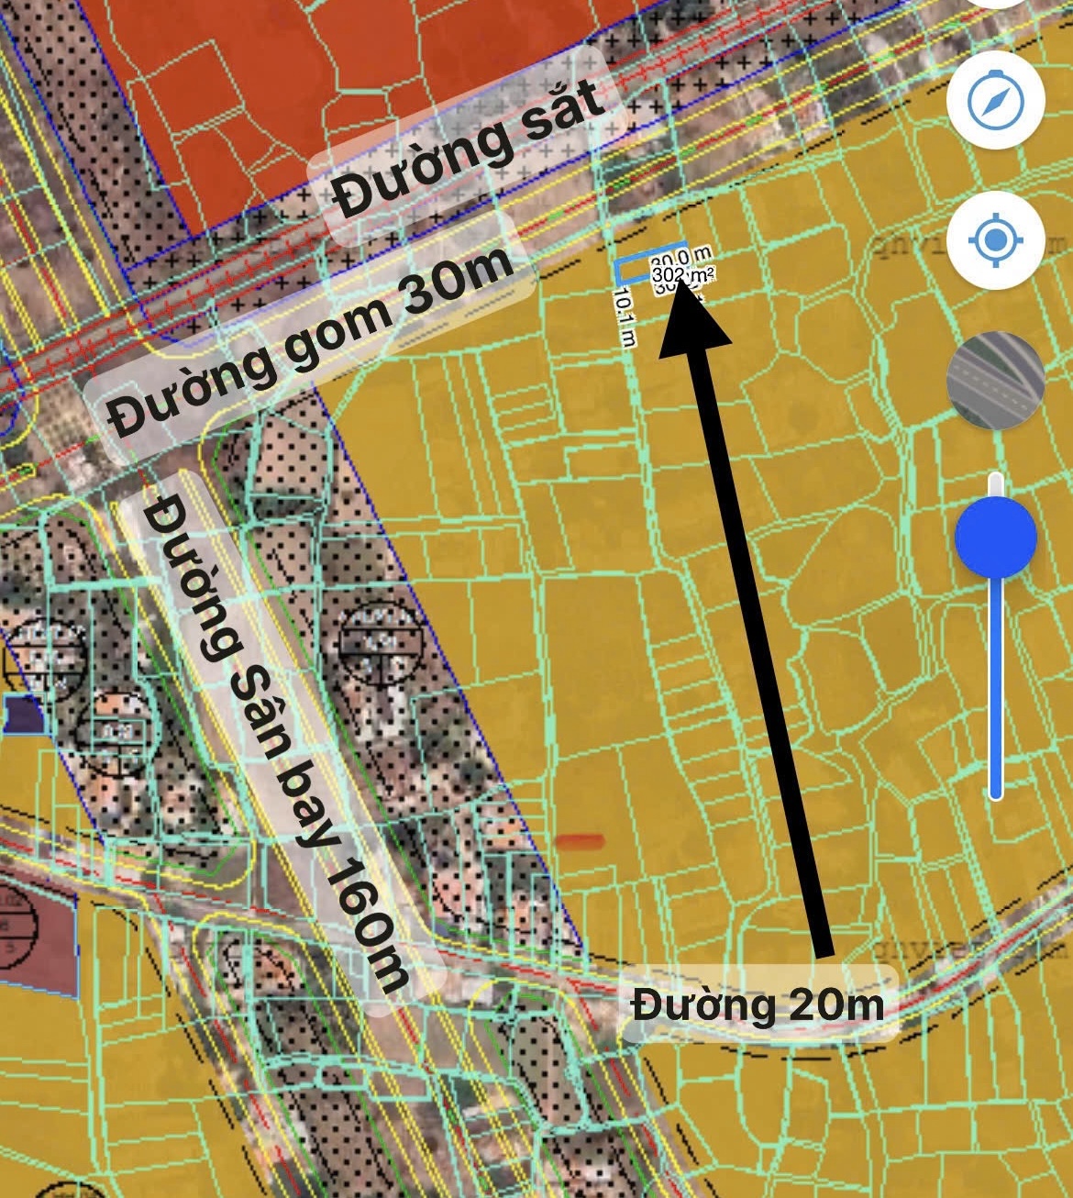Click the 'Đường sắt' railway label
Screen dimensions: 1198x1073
[468, 149]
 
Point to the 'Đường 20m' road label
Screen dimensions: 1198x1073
[758, 1004]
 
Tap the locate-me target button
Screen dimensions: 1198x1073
[995, 241]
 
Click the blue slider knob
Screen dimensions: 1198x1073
[995, 538]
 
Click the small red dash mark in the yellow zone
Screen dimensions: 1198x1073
[580, 840]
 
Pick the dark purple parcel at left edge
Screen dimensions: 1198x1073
[20, 714]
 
